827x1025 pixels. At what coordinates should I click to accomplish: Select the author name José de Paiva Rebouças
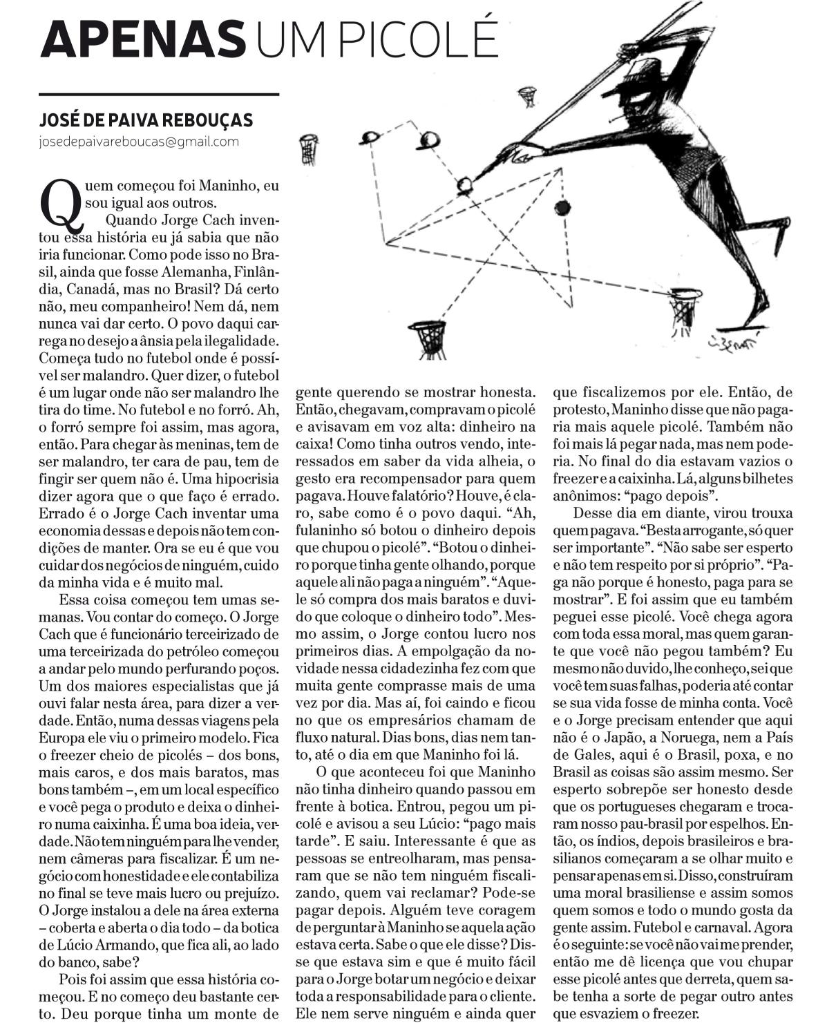click(146, 120)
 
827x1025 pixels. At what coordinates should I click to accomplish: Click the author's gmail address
click(139, 142)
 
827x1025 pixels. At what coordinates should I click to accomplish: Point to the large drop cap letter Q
click(61, 202)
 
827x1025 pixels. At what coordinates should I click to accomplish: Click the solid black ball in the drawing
click(562, 207)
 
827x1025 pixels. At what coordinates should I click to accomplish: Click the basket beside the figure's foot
click(685, 308)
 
